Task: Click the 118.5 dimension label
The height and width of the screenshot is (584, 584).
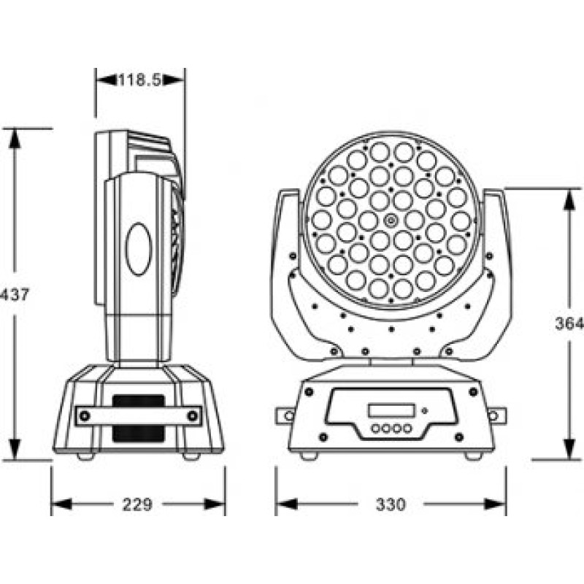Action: [x=139, y=80]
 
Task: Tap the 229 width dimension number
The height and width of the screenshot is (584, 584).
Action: [x=137, y=504]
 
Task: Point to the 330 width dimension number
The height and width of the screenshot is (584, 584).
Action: [x=391, y=504]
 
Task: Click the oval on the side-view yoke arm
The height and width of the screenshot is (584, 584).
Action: [x=138, y=248]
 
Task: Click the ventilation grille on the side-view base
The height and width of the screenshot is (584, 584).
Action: [x=138, y=418]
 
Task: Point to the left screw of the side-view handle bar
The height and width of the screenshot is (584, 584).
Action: [x=85, y=416]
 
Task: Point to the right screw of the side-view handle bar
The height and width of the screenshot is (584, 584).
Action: [x=192, y=416]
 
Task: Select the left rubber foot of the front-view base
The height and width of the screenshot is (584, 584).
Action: [x=309, y=456]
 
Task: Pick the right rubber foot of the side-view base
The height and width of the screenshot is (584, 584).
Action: [x=191, y=456]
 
